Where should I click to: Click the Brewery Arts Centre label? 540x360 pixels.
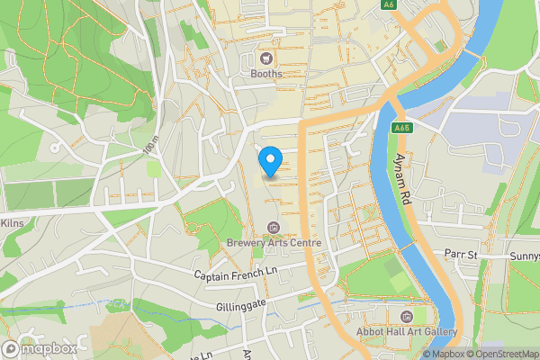(x=274, y=242)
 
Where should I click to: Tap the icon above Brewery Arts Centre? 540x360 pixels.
(x=274, y=226)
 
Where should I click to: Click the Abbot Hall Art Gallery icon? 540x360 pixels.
(x=407, y=316)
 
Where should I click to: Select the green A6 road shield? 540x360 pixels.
(x=389, y=4)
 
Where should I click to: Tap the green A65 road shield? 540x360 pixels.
(x=402, y=130)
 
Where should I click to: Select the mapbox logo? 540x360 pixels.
(x=40, y=348)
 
